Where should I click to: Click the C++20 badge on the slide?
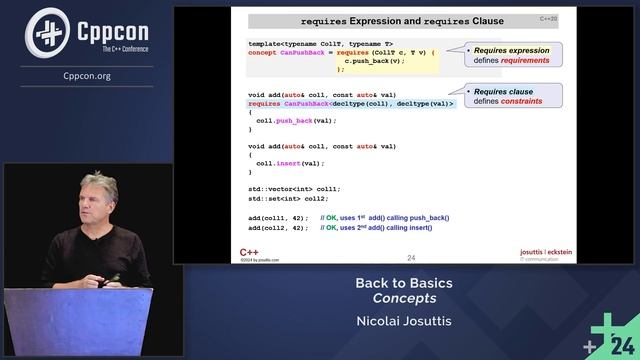pos(549,18)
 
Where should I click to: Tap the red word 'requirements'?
pos(528,59)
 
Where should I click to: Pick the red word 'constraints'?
pos(523,101)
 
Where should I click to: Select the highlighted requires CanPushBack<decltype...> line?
pos(351,103)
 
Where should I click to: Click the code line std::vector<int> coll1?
pos(294,188)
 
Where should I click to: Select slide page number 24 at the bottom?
pos(411,257)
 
